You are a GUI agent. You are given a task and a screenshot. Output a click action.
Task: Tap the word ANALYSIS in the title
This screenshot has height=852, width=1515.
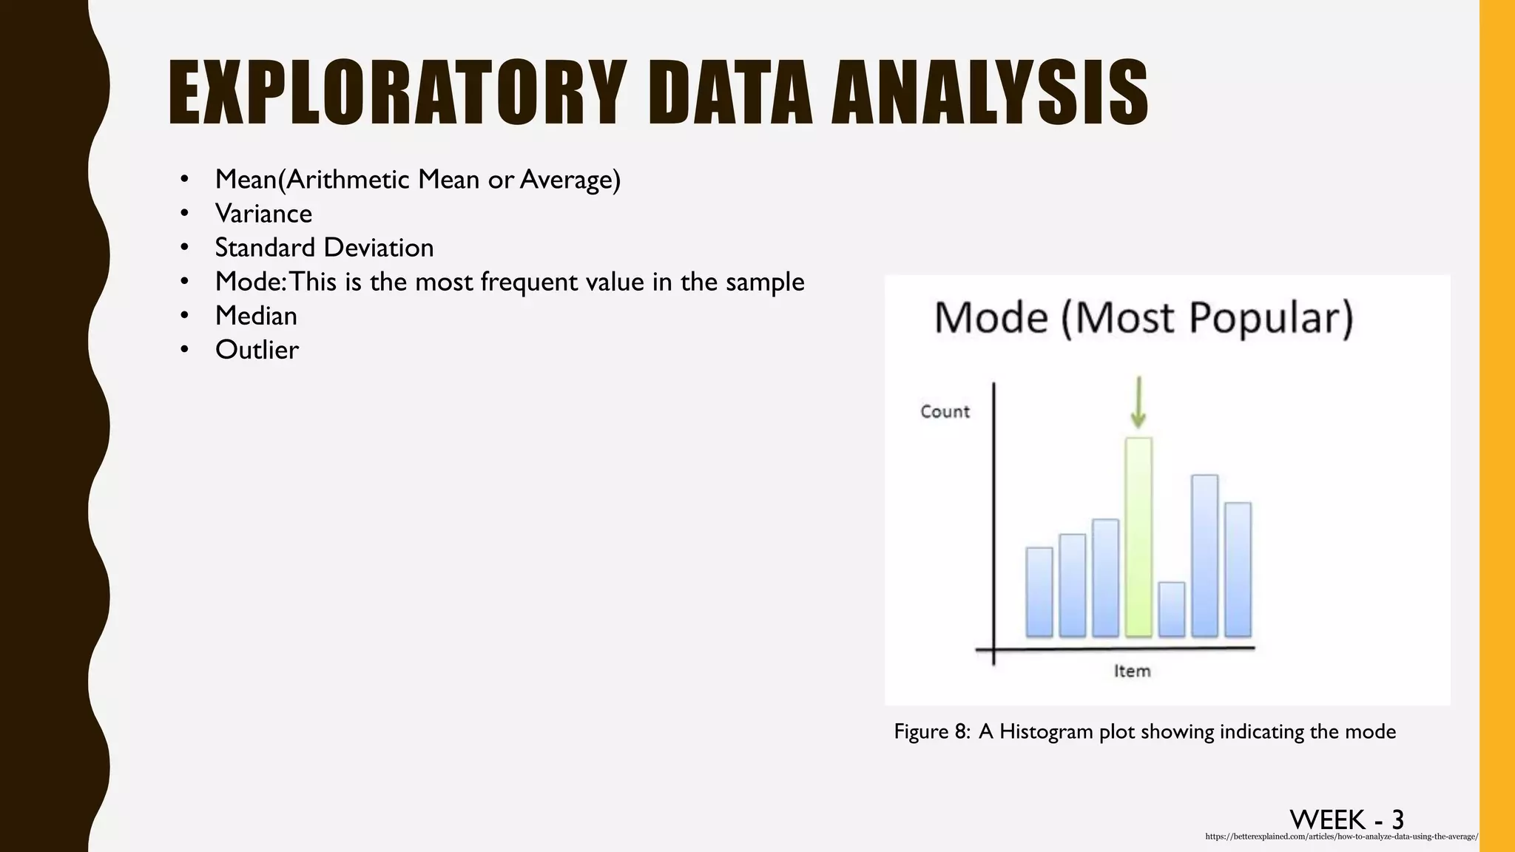pos(990,94)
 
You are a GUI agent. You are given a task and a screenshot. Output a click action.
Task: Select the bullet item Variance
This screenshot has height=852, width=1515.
pos(263,214)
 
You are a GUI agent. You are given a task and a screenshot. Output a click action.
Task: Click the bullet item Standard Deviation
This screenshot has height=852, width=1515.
pos(324,248)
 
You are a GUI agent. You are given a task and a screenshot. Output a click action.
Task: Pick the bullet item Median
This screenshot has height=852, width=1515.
pos(256,316)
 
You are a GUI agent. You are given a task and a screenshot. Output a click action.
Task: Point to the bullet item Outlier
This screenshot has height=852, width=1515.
pos(257,350)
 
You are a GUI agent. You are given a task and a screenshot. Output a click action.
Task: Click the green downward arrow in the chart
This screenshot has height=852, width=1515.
pos(1138,403)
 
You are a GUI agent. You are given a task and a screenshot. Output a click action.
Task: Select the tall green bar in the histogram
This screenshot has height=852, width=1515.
pos(1138,537)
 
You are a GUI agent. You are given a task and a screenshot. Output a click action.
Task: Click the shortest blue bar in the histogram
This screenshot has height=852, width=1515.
pos(1171,609)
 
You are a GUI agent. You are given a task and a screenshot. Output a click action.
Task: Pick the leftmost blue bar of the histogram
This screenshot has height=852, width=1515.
pos(1039,592)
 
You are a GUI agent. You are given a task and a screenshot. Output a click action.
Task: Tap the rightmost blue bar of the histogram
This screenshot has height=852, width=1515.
pos(1238,569)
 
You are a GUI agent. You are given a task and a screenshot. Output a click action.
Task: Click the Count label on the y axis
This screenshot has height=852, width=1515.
pos(945,412)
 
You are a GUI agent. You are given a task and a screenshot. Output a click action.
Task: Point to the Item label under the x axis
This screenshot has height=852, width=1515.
pos(1133,671)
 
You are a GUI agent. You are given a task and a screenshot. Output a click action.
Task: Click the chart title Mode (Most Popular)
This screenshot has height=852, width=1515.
pos(1144,318)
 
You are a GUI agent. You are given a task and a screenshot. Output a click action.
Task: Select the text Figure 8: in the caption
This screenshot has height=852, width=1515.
pos(931,731)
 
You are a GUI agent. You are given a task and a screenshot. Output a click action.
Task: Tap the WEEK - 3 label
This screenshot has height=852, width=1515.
pos(1346,819)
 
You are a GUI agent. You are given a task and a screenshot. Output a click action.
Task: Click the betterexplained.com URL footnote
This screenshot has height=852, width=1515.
pos(1341,836)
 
